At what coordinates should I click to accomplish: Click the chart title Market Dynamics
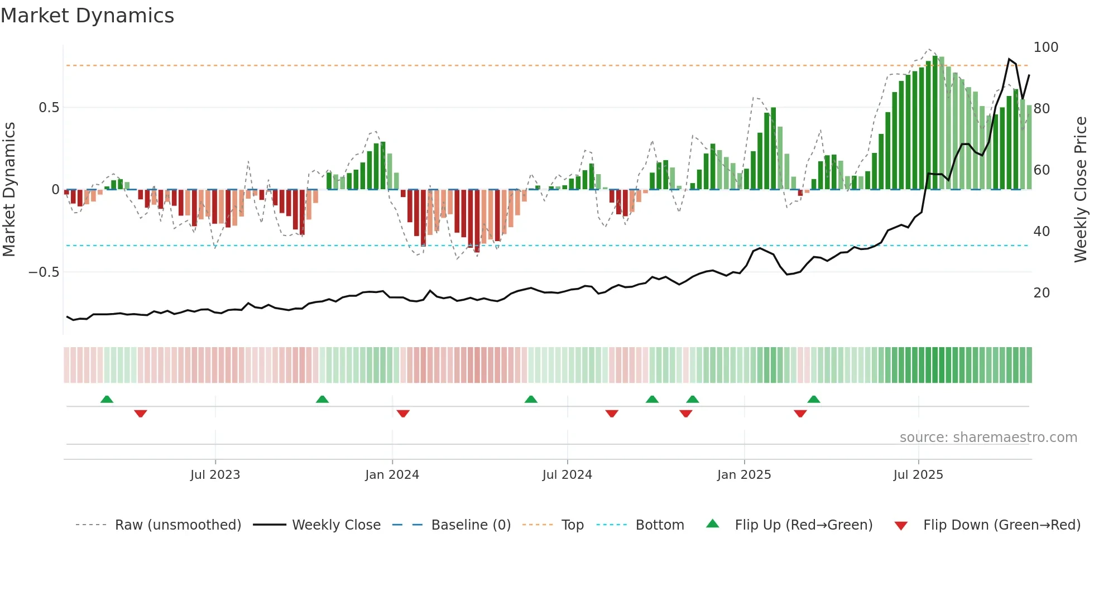pos(87,16)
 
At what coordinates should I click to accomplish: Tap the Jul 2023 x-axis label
pos(215,475)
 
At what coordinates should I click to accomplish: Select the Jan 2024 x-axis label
pos(392,475)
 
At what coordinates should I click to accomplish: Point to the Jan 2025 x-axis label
pos(743,475)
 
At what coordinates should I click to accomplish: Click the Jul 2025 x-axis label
pos(918,475)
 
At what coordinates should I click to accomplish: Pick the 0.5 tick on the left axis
pos(49,108)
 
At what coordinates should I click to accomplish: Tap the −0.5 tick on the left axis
pos(44,272)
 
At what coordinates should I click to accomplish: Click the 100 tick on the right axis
pos(1045,47)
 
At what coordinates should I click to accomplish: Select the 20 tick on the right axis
pos(1042,293)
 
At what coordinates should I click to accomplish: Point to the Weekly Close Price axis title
pos(1081,190)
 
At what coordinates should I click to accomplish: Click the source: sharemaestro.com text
pos(988,438)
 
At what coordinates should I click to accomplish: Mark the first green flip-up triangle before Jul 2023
pos(107,399)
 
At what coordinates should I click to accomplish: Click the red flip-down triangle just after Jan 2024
pos(403,414)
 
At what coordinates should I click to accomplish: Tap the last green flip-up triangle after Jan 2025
pos(813,399)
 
